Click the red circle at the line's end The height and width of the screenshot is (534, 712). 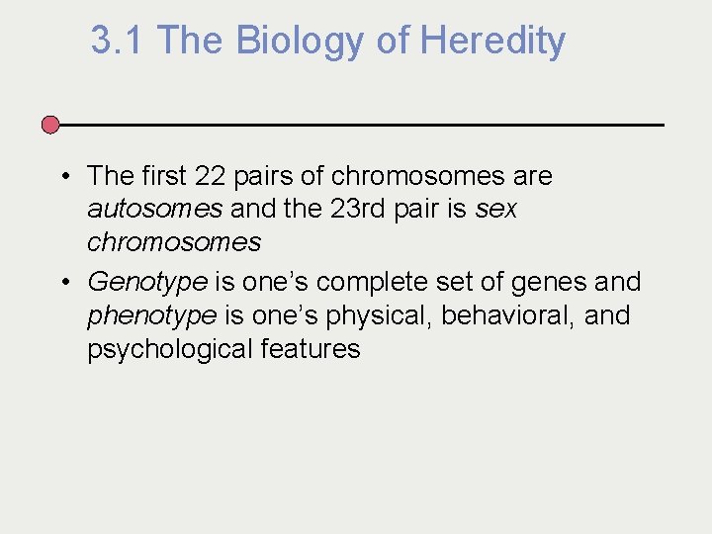click(50, 125)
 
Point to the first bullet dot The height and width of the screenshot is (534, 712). click(62, 177)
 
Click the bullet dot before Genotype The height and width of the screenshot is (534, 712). click(62, 283)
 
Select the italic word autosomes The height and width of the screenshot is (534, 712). click(154, 209)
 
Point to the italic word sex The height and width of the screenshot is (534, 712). click(495, 209)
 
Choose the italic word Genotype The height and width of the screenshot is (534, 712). click(147, 283)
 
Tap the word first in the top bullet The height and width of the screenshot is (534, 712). click(162, 176)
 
